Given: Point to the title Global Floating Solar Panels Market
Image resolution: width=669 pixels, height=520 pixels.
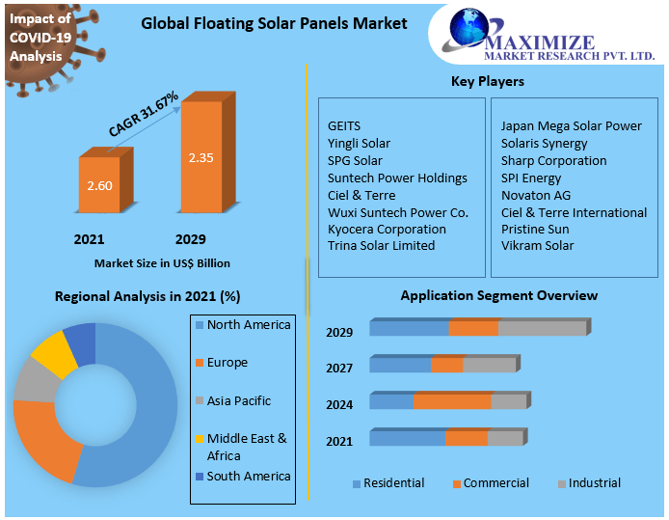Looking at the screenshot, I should coord(274,23).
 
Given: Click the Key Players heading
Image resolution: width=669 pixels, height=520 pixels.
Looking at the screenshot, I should coord(488,81).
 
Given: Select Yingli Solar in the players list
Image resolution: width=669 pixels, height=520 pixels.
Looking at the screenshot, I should coord(359,144).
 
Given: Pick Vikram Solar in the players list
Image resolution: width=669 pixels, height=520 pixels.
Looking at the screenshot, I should coord(537,246).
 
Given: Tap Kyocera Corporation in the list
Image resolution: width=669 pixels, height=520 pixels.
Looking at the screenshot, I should coord(387,229).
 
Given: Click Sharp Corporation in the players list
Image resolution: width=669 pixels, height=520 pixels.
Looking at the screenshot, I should coord(553,160).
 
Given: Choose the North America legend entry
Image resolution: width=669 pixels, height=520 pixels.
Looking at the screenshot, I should coord(248,325).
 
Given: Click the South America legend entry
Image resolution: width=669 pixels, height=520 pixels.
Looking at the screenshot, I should coord(248,476).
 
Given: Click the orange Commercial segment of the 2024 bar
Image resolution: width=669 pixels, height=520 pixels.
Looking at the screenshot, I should coord(452,401).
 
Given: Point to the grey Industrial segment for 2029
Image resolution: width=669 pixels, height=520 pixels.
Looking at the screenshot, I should coord(542,328).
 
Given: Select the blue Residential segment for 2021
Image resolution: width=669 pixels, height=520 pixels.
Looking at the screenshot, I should coord(407,438).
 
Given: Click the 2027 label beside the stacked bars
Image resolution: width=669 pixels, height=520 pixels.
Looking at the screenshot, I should coord(339,368).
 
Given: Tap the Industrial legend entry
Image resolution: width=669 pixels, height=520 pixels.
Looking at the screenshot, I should coord(594,483).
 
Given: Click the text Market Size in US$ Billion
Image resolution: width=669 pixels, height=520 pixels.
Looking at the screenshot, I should coord(162,262).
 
